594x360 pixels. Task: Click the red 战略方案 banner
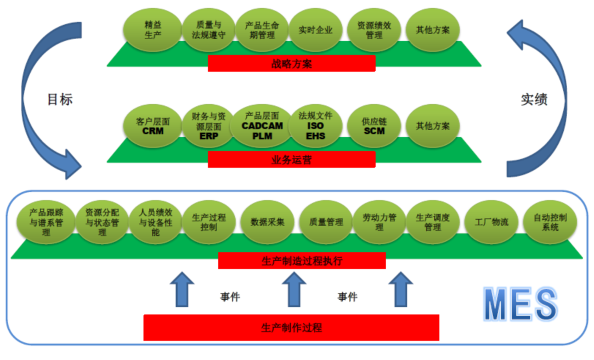[291, 63]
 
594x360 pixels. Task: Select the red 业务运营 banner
[291, 159]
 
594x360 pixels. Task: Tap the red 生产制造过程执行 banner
[302, 261]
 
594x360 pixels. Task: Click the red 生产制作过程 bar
[291, 328]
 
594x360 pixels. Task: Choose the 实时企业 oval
[315, 29]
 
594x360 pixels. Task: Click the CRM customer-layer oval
[153, 126]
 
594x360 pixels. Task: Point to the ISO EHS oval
[315, 126]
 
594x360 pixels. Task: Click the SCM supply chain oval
[374, 126]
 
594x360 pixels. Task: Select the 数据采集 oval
[267, 222]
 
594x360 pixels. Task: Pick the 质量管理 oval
[326, 222]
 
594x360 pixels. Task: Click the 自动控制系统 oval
[550, 222]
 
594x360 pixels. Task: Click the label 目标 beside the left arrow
[60, 99]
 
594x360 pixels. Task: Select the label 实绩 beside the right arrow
[534, 99]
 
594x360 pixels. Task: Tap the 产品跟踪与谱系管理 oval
[46, 222]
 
